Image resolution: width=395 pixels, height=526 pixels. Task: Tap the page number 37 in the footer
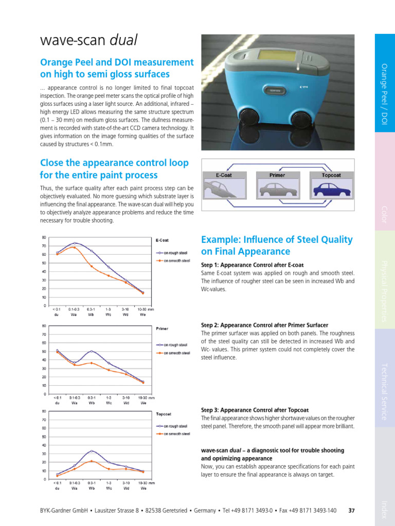(352, 511)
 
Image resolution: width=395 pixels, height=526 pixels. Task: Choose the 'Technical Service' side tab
(384, 391)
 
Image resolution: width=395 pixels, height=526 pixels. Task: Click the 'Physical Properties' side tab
(384, 291)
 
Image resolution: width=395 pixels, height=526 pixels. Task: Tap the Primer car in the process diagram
(277, 190)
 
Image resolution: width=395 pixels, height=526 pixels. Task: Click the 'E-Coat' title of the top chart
(162, 240)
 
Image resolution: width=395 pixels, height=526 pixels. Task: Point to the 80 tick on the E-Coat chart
(44, 237)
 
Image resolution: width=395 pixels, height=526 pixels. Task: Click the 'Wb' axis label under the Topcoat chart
(92, 489)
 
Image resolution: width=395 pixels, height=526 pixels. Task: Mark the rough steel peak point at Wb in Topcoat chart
(92, 451)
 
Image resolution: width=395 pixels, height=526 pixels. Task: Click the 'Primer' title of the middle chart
(162, 328)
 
